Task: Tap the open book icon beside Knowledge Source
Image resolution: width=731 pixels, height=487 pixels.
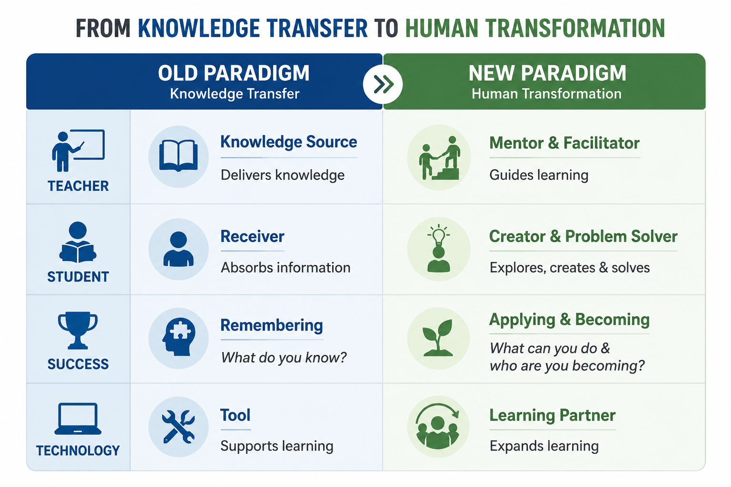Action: coord(178,156)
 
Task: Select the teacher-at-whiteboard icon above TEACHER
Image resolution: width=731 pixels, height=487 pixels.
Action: coord(78,150)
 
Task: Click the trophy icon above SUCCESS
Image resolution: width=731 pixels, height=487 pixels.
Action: coord(78,331)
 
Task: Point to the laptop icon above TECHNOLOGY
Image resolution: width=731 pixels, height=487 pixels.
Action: coord(78,419)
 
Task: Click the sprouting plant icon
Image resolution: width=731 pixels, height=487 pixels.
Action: coord(438,338)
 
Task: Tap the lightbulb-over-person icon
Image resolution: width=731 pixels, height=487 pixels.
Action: coord(439,249)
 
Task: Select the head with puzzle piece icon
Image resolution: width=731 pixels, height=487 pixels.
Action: coord(178,337)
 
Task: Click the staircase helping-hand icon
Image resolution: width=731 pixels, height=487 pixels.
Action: coord(440,157)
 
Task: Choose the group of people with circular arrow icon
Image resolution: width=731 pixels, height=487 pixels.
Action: coord(438,425)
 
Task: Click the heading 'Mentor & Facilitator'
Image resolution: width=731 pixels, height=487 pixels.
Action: coord(564,143)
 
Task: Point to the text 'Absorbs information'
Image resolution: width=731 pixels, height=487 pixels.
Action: coord(286,267)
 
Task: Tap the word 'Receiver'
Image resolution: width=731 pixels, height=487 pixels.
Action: coord(252,236)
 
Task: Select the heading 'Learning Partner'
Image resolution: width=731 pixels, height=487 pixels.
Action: coord(552,415)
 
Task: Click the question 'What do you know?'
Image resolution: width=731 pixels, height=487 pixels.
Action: coord(283,358)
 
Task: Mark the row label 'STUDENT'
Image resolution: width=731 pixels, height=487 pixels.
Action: coord(78,277)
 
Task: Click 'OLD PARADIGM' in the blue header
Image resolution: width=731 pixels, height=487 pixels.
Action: coord(234,73)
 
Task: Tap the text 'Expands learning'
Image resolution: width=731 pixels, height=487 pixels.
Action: coord(544,446)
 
